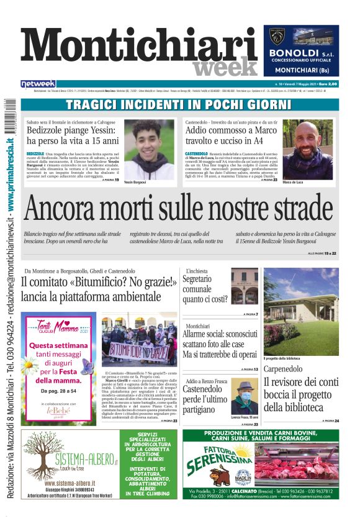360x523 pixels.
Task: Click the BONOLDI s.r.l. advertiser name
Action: [x=302, y=54]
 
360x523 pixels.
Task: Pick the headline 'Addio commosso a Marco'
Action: [x=231, y=131]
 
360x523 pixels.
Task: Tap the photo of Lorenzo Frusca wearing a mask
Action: [x=244, y=398]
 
